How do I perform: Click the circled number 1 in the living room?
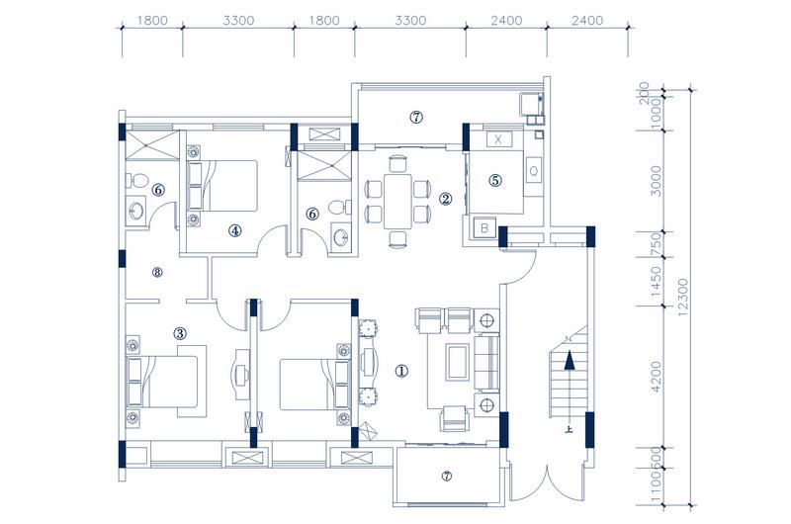point(401,372)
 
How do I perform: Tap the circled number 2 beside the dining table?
point(446,199)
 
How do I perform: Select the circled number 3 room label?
point(180,333)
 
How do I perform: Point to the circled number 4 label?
point(235,230)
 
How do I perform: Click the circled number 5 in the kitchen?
point(495,181)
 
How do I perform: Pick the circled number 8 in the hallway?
point(155,272)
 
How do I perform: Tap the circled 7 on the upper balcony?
point(416,118)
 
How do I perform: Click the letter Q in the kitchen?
point(534,169)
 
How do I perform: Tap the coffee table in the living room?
point(459,363)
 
